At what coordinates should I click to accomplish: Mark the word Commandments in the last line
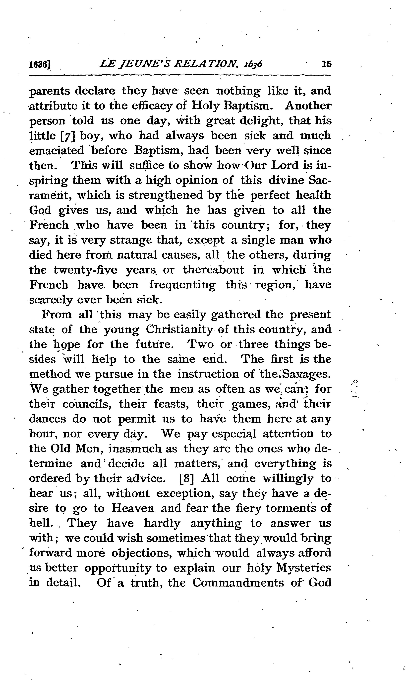pyautogui.click(x=238, y=583)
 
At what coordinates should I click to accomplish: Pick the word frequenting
pyautogui.click(x=182, y=285)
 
